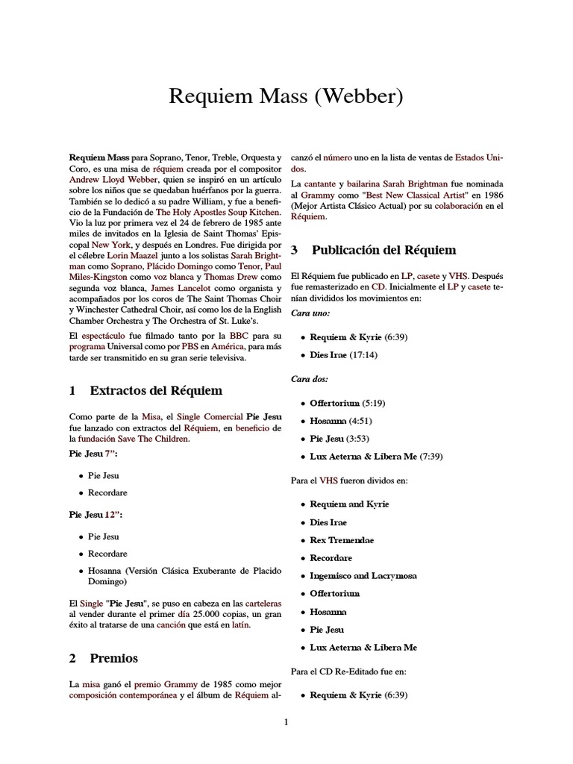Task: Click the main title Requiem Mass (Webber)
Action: pos(286,95)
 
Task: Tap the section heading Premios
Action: pos(113,658)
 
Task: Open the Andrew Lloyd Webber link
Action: pos(113,181)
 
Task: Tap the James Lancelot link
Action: pos(179,287)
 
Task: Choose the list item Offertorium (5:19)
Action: pos(347,403)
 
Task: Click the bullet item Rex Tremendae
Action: pos(342,540)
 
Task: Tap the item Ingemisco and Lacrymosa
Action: pos(363,576)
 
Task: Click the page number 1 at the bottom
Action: pos(286,721)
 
